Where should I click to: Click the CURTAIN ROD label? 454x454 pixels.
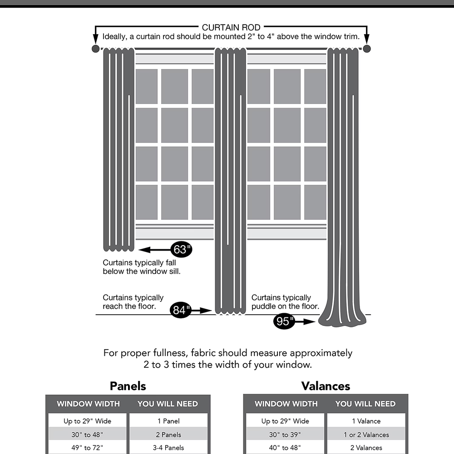click(x=231, y=28)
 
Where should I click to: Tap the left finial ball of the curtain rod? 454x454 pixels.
click(x=95, y=49)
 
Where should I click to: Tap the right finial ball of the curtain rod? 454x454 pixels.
click(x=367, y=49)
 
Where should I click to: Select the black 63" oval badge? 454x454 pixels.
click(x=181, y=249)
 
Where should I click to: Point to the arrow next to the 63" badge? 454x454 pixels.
click(x=154, y=249)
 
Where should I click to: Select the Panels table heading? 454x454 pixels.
click(x=128, y=386)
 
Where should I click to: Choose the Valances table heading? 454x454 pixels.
click(x=326, y=386)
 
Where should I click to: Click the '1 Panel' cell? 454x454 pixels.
click(x=168, y=421)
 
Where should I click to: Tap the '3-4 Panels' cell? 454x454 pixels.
click(x=168, y=448)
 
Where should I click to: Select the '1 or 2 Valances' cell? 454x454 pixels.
click(x=366, y=434)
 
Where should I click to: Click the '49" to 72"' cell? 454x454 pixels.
click(x=88, y=448)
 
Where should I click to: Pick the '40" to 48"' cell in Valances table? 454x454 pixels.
click(x=285, y=448)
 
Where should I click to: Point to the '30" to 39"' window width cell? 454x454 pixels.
click(x=285, y=434)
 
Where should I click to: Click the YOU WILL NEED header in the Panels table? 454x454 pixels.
click(x=168, y=404)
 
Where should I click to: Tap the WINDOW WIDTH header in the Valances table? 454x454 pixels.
click(x=286, y=404)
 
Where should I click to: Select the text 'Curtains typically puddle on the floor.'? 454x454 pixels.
click(x=285, y=302)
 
